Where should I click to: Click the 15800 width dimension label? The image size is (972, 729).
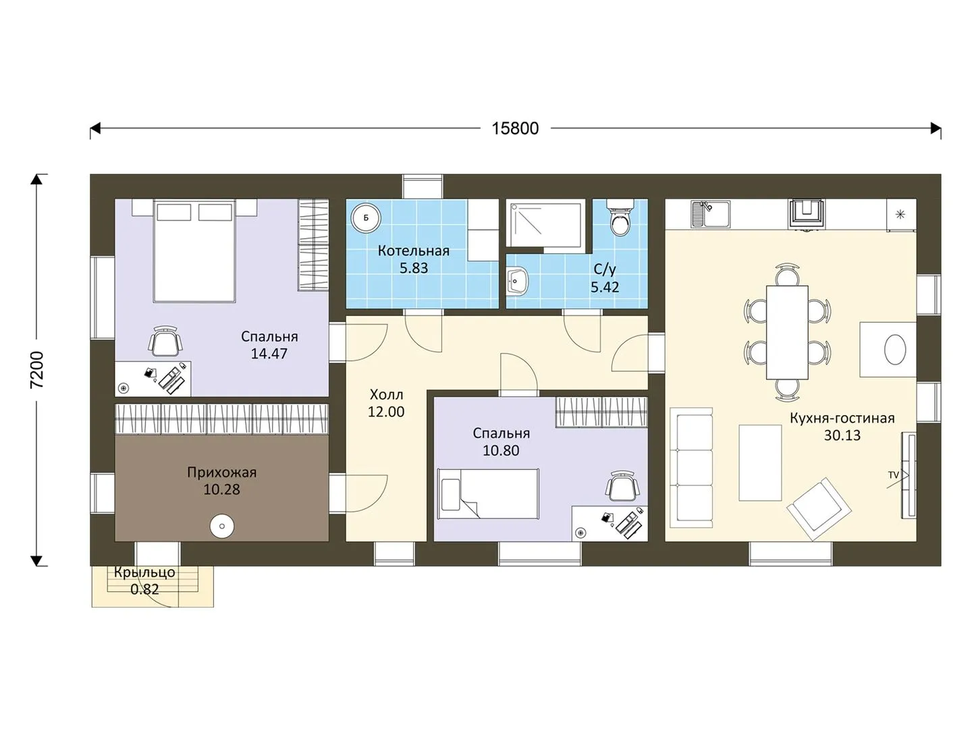[x=515, y=128]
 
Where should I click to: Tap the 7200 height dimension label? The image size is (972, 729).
[x=37, y=370]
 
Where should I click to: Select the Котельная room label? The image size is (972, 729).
[x=414, y=251]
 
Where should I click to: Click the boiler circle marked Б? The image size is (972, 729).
[x=365, y=218]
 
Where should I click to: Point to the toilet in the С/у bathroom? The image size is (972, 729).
[x=620, y=218]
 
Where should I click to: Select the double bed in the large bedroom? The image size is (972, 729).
[x=194, y=251]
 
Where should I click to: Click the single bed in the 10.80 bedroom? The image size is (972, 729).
[x=488, y=493]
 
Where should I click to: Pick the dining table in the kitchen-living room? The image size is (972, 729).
[x=787, y=332]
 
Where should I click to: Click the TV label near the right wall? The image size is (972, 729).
[x=893, y=475]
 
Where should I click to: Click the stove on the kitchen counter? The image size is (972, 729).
[x=807, y=215]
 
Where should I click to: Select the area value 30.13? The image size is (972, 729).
[x=842, y=435]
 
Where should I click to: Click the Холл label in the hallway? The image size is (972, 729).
[x=386, y=394]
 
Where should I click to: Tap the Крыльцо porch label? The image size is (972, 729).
[x=145, y=572]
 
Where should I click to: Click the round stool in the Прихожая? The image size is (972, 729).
[x=222, y=526]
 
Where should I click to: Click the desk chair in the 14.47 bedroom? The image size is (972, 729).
[x=165, y=342]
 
